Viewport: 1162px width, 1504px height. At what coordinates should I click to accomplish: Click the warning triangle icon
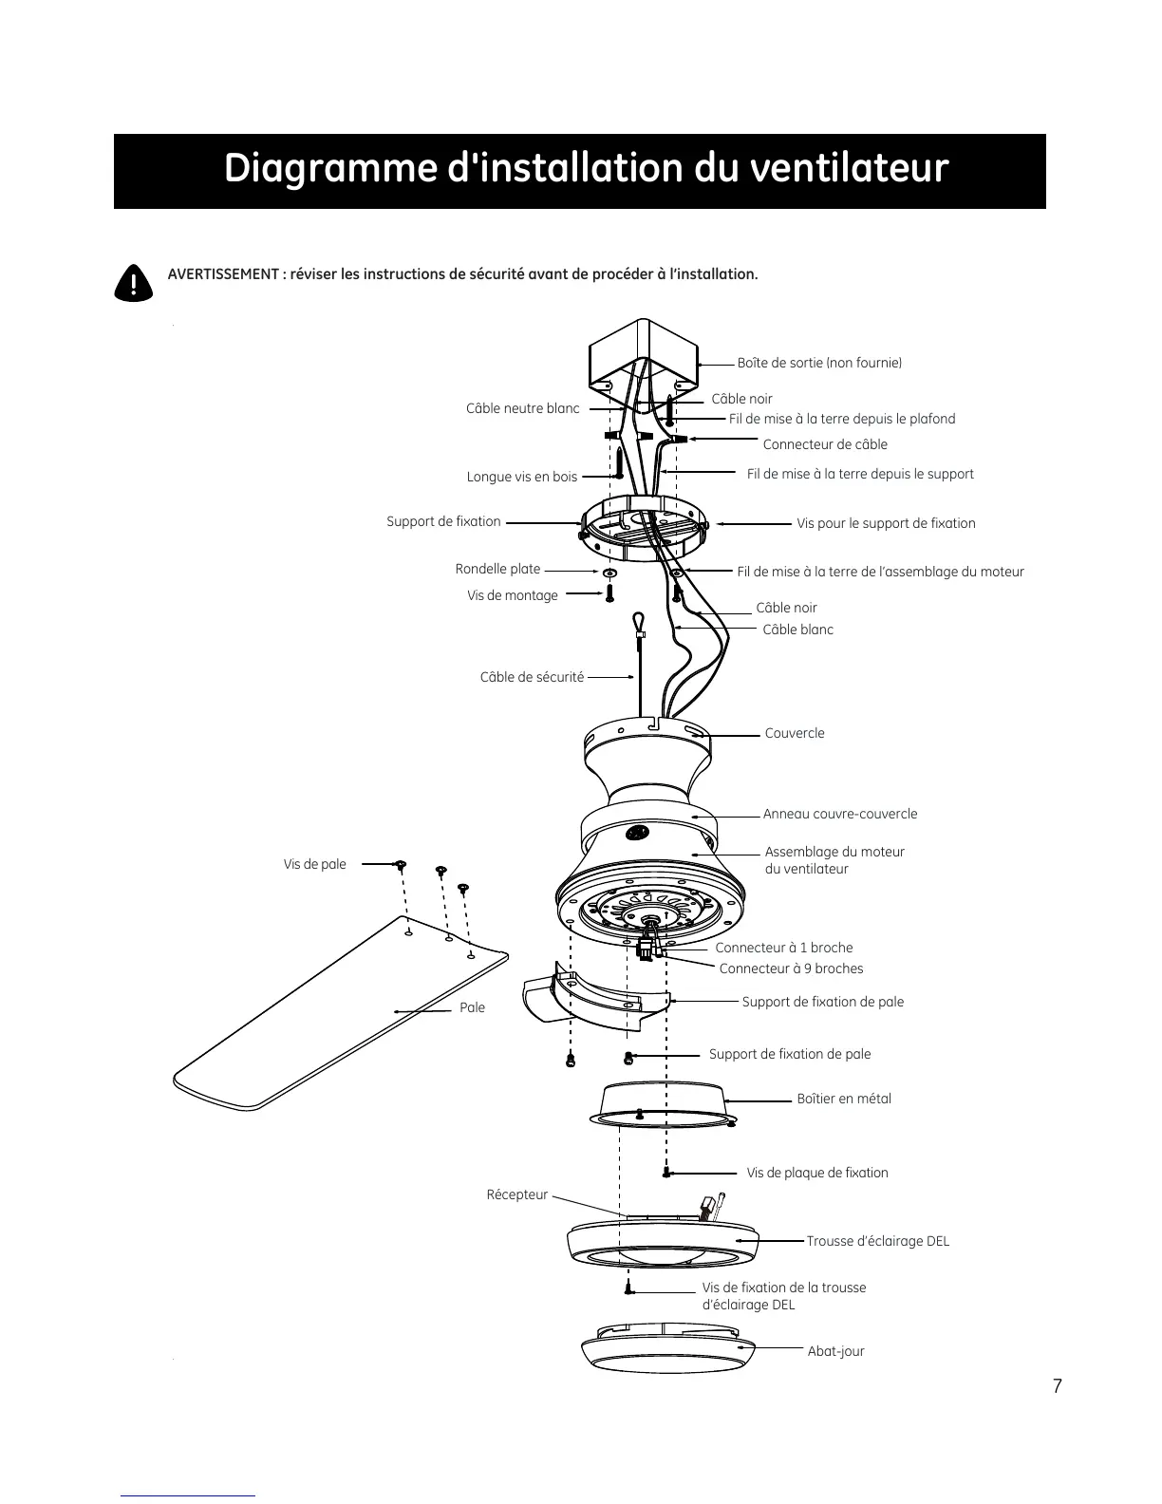click(133, 282)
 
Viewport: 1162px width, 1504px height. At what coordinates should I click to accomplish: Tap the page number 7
click(1057, 1386)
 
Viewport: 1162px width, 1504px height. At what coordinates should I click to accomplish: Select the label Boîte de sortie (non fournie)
click(819, 363)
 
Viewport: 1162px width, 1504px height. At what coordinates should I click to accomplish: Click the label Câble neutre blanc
click(522, 408)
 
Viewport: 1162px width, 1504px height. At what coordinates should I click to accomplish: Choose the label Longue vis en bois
click(521, 477)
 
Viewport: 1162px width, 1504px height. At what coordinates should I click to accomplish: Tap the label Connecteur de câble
click(825, 444)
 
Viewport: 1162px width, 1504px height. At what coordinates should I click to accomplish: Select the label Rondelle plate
click(497, 569)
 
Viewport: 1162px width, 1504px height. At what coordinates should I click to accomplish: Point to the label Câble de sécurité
click(532, 677)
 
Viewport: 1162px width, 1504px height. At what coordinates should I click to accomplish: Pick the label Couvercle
click(795, 733)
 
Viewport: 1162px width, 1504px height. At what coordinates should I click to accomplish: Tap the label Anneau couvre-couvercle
click(840, 814)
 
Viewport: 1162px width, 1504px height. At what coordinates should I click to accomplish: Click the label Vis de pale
click(314, 864)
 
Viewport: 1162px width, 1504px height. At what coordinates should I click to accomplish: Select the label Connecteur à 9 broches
click(791, 968)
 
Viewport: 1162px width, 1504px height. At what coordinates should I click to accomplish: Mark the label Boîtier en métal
click(844, 1099)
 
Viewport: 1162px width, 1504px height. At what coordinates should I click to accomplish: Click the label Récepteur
click(517, 1194)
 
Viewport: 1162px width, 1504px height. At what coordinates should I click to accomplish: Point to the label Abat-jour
click(835, 1351)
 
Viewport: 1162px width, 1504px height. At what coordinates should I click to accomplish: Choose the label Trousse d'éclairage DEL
click(877, 1241)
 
